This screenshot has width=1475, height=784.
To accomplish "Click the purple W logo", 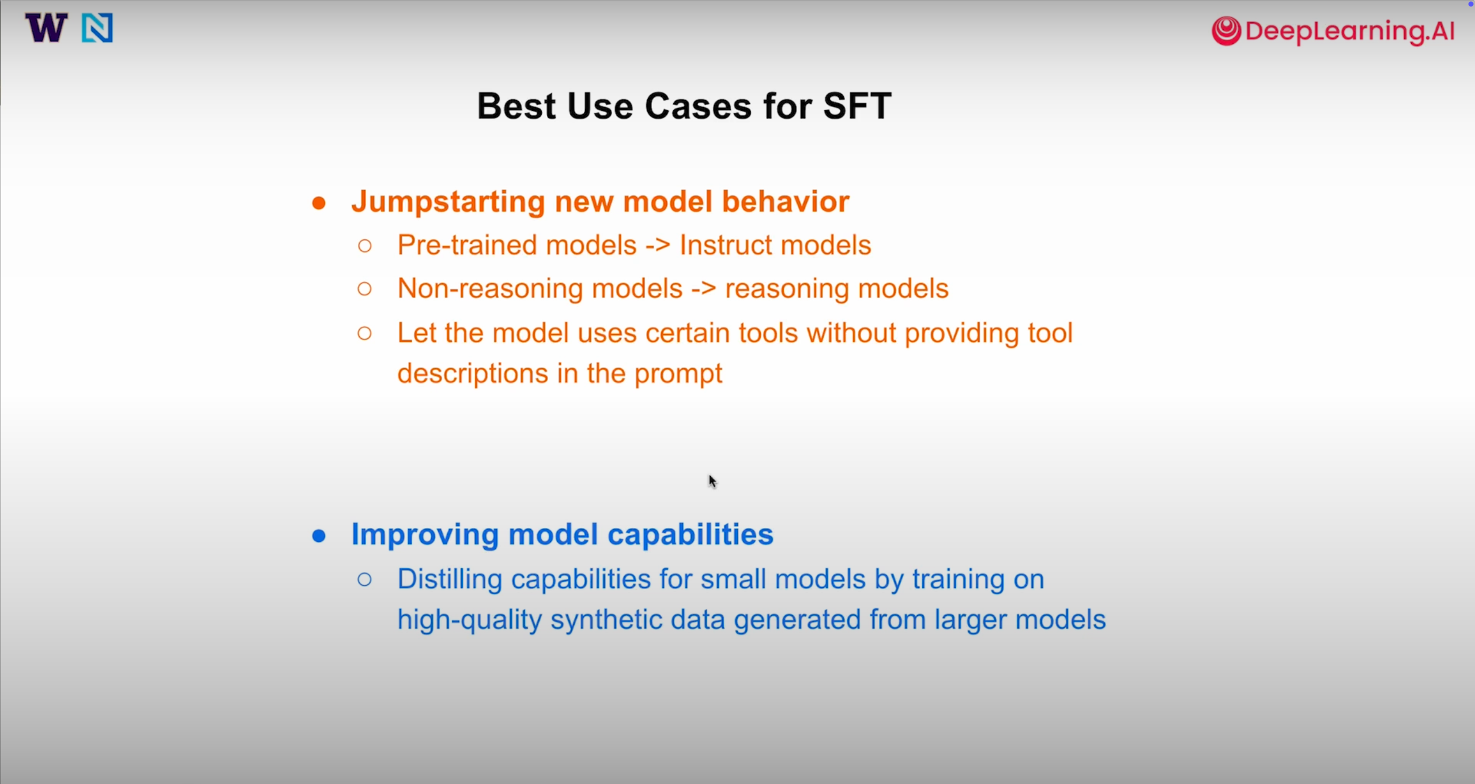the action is pos(46,28).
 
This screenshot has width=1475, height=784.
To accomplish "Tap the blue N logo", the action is pos(97,28).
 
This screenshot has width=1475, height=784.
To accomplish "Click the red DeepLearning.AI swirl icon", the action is pos(1226,31).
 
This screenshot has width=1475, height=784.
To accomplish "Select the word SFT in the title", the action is pos(857,106).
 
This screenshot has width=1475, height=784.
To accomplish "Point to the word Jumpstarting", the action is pos(448,202).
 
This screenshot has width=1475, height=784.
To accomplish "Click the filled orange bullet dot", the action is pos(319,203).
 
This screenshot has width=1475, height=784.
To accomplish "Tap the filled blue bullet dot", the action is pos(319,536).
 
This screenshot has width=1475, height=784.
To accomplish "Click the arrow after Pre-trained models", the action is pos(658,246).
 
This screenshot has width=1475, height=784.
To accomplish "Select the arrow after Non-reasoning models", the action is pos(704,289).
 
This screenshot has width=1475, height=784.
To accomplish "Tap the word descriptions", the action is pos(473,374).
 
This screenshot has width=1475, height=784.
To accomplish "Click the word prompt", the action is pos(678,374).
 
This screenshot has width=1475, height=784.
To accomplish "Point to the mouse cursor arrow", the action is pos(712,481).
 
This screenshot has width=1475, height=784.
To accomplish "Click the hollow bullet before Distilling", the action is pos(364,579).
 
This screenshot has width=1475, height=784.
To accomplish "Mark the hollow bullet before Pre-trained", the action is pos(364,246).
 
